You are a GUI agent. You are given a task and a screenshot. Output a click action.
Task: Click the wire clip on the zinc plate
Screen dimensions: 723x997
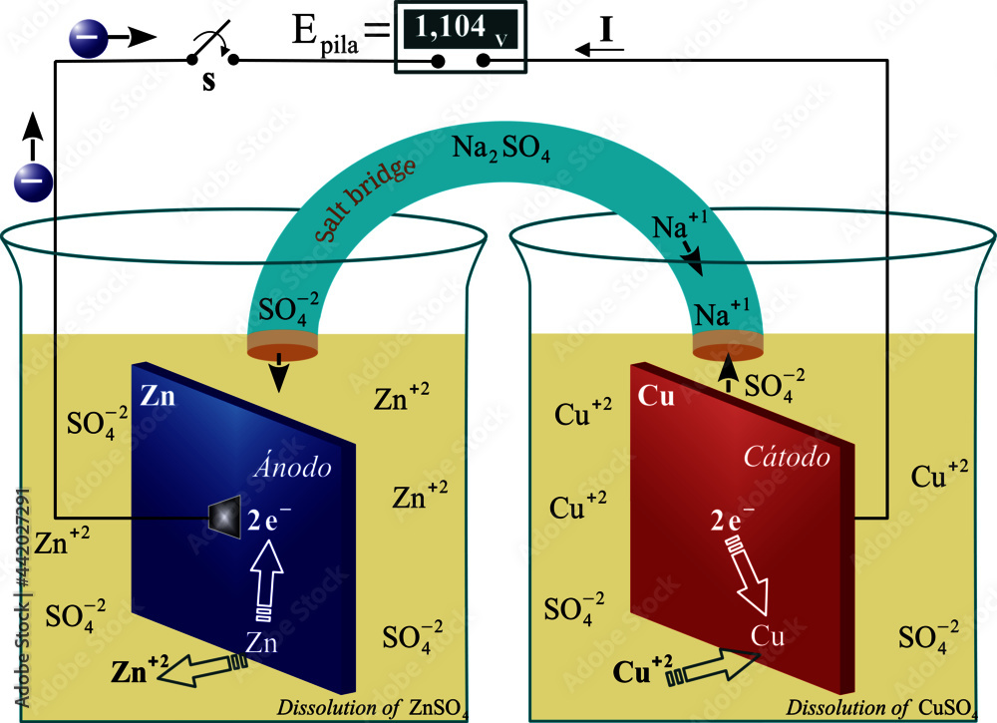pos(221,517)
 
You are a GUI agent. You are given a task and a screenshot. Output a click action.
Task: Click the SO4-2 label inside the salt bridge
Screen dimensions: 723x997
pos(288,306)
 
